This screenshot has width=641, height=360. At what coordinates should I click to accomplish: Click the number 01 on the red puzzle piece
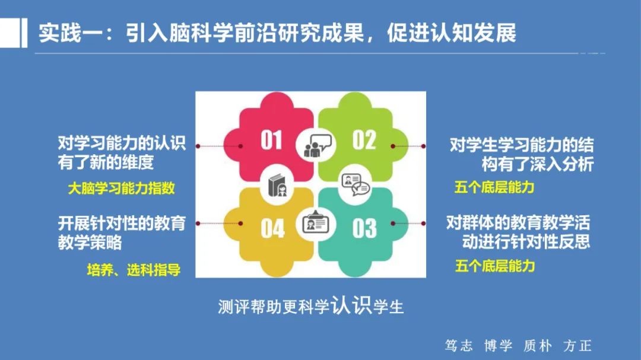pyautogui.click(x=271, y=141)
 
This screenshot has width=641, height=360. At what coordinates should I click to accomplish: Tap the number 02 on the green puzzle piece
pyautogui.click(x=364, y=141)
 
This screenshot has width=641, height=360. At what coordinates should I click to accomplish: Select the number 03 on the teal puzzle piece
pyautogui.click(x=364, y=228)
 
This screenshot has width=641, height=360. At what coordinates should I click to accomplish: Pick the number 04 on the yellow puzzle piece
pyautogui.click(x=272, y=228)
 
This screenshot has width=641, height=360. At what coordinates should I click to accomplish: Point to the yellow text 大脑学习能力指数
pyautogui.click(x=121, y=189)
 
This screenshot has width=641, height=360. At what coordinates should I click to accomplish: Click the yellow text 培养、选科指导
pyautogui.click(x=134, y=270)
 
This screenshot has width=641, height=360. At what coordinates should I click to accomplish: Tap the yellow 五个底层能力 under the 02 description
pyautogui.click(x=494, y=187)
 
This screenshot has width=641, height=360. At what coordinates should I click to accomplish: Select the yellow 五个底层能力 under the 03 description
pyautogui.click(x=495, y=266)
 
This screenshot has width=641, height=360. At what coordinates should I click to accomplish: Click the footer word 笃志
pyautogui.click(x=458, y=346)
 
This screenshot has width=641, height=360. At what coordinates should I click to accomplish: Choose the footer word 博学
pyautogui.click(x=497, y=346)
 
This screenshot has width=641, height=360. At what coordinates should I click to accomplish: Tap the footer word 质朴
pyautogui.click(x=537, y=346)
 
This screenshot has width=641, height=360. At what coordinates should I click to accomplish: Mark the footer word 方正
pyautogui.click(x=577, y=346)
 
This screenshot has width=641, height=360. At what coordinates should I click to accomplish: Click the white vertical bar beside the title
pyautogui.click(x=24, y=33)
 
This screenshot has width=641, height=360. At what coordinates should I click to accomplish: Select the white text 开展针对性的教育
pyautogui.click(x=121, y=224)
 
